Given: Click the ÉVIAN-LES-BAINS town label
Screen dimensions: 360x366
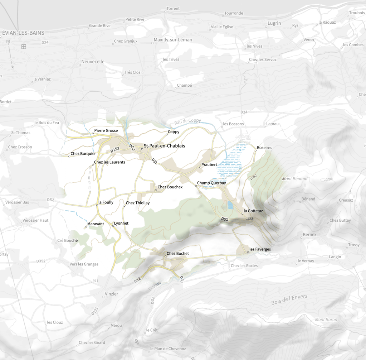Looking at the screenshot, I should (x=23, y=33).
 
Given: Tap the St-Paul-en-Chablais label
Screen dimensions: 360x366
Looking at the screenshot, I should (x=164, y=146).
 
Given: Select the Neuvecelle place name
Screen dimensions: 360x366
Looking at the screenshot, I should (x=93, y=62).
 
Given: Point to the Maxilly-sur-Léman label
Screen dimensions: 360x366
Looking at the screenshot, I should (x=173, y=40).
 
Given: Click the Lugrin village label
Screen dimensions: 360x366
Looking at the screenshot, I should (x=274, y=23).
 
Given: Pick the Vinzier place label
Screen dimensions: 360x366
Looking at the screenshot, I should (x=111, y=294).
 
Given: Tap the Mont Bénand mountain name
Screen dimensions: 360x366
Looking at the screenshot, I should (x=295, y=179).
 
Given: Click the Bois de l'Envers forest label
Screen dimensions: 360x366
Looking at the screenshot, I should (x=289, y=300).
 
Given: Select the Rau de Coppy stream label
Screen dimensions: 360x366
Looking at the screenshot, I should (x=188, y=121).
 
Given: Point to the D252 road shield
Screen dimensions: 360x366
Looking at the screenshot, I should (x=115, y=149).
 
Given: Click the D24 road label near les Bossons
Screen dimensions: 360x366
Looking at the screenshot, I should (x=244, y=112).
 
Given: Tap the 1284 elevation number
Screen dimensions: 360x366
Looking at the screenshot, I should (x=329, y=179).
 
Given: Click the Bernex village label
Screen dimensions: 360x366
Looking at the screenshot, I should (x=309, y=235).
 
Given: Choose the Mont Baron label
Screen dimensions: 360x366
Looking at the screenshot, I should (x=326, y=320).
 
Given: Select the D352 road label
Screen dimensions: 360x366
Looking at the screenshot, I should (x=41, y=261).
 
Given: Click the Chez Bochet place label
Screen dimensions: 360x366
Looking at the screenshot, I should (x=177, y=254).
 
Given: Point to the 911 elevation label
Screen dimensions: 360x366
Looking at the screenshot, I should (x=95, y=281).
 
